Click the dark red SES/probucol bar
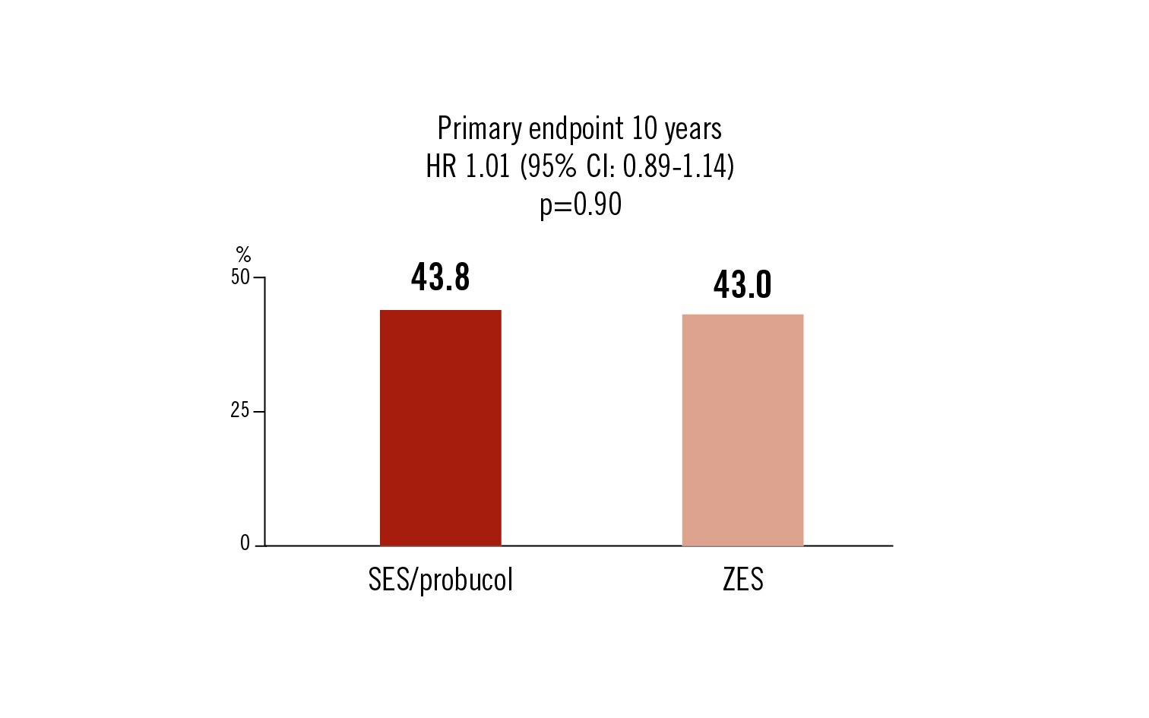click(440, 428)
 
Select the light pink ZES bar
click(742, 430)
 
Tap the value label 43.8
click(440, 277)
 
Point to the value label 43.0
click(742, 285)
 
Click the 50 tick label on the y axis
click(240, 277)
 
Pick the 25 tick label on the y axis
click(240, 411)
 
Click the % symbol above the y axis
click(243, 255)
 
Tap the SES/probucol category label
click(440, 580)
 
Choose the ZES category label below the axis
click(742, 580)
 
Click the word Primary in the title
click(480, 129)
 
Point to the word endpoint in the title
click(576, 129)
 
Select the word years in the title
click(693, 129)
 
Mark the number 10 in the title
click(644, 128)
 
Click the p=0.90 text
click(581, 204)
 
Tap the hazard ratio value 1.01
click(487, 166)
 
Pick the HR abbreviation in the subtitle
click(441, 166)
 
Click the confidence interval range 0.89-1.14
click(678, 166)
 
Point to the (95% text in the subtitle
click(548, 166)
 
